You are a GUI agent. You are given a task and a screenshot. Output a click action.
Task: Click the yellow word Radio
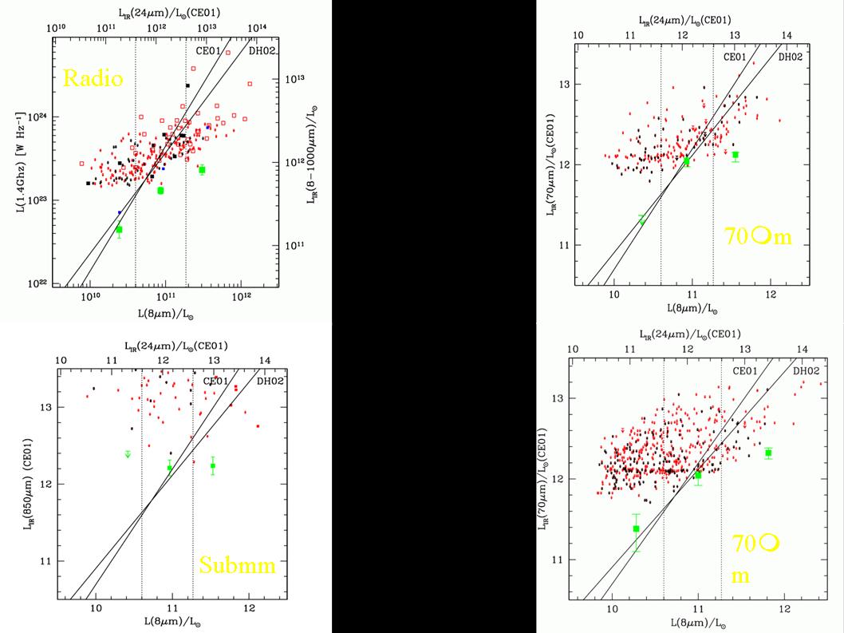pyautogui.click(x=93, y=78)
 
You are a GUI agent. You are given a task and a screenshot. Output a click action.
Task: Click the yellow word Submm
pyautogui.click(x=237, y=566)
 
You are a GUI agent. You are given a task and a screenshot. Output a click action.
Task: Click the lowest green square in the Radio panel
pyautogui.click(x=119, y=230)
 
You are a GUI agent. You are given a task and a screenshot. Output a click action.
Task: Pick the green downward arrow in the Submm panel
pyautogui.click(x=128, y=454)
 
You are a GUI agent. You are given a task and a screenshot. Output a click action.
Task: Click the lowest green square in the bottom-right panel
pyautogui.click(x=636, y=528)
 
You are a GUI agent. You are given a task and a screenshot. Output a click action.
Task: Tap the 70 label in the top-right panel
pyautogui.click(x=736, y=235)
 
